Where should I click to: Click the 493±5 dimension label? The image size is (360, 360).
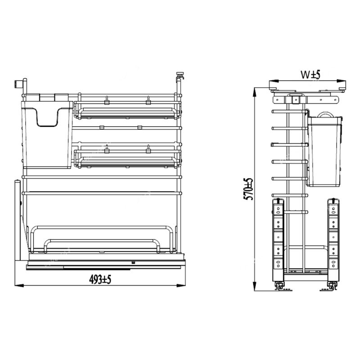click(x=100, y=279)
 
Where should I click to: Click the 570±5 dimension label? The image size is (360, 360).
click(x=248, y=189)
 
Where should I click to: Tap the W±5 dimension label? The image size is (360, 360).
click(x=310, y=75)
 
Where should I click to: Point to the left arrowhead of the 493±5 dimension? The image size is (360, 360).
click(x=19, y=285)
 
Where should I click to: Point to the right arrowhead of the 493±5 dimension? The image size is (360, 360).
click(x=181, y=285)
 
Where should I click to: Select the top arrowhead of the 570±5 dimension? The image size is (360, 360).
click(x=254, y=92)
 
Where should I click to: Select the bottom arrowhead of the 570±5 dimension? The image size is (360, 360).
click(x=254, y=286)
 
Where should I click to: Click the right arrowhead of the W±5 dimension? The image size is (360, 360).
click(x=341, y=81)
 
